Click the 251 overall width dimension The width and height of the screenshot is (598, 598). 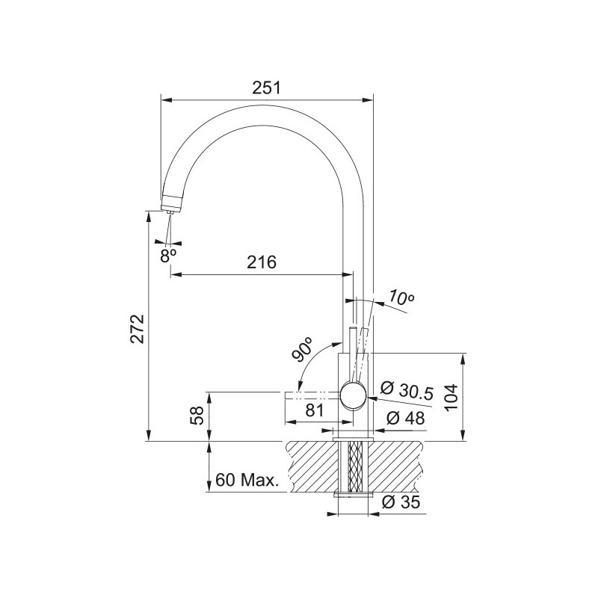[x=267, y=88]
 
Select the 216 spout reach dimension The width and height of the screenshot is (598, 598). [x=262, y=262]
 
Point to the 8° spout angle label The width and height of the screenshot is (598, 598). [x=167, y=253]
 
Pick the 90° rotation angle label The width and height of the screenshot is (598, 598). [x=303, y=349]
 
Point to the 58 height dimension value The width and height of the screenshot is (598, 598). [x=197, y=416]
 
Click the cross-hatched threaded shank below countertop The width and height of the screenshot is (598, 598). [x=354, y=467]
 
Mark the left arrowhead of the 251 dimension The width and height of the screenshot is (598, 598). [x=167, y=99]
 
